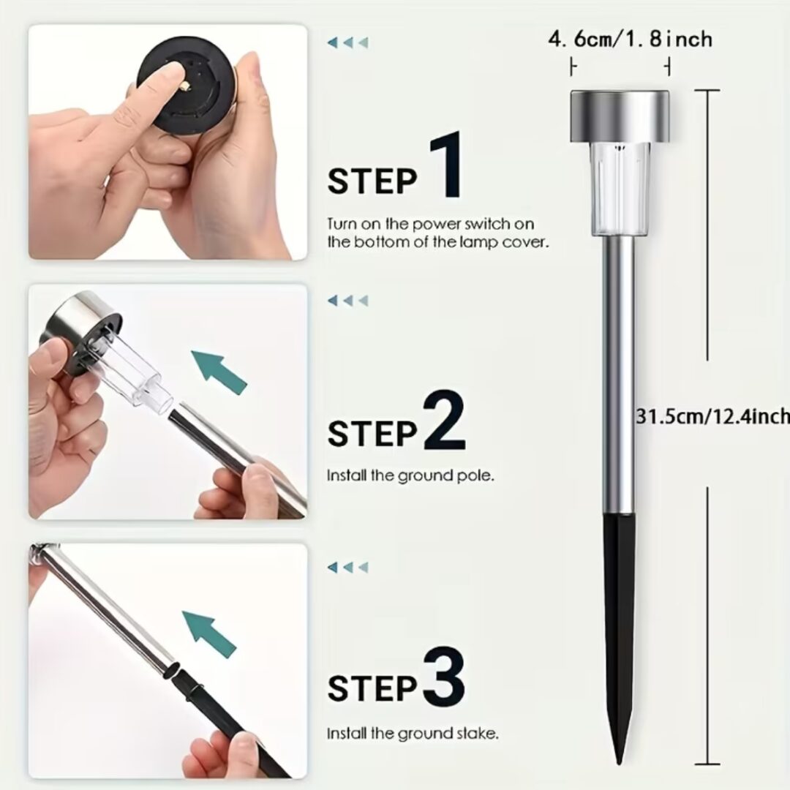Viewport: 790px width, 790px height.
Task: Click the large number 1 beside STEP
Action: pyautogui.click(x=446, y=164)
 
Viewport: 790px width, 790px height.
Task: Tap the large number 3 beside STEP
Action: pyautogui.click(x=443, y=675)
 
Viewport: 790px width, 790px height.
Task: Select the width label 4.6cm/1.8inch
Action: pyautogui.click(x=631, y=39)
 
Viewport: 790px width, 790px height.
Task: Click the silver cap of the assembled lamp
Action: pyautogui.click(x=620, y=116)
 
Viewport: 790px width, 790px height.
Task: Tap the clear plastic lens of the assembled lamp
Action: pyautogui.click(x=620, y=189)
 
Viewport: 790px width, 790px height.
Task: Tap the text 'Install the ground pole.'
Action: pyautogui.click(x=410, y=475)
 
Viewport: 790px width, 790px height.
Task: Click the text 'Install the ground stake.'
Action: pyautogui.click(x=413, y=733)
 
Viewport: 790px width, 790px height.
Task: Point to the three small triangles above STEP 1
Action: pyautogui.click(x=347, y=42)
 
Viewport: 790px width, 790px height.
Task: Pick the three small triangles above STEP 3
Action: pyautogui.click(x=347, y=568)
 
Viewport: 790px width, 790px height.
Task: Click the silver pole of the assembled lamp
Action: pyautogui.click(x=620, y=375)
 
